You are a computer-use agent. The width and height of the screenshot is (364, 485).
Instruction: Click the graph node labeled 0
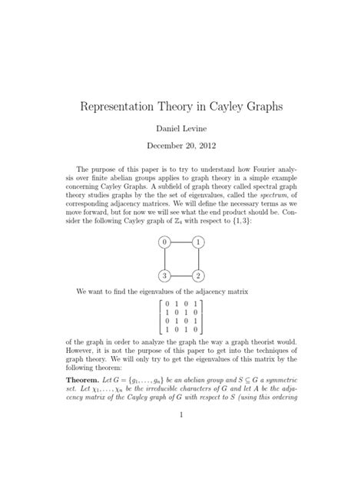point(163,242)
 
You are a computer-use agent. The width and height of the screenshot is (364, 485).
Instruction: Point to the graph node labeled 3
point(163,276)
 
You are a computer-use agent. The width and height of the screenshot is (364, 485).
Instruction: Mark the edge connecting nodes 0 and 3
point(163,259)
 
